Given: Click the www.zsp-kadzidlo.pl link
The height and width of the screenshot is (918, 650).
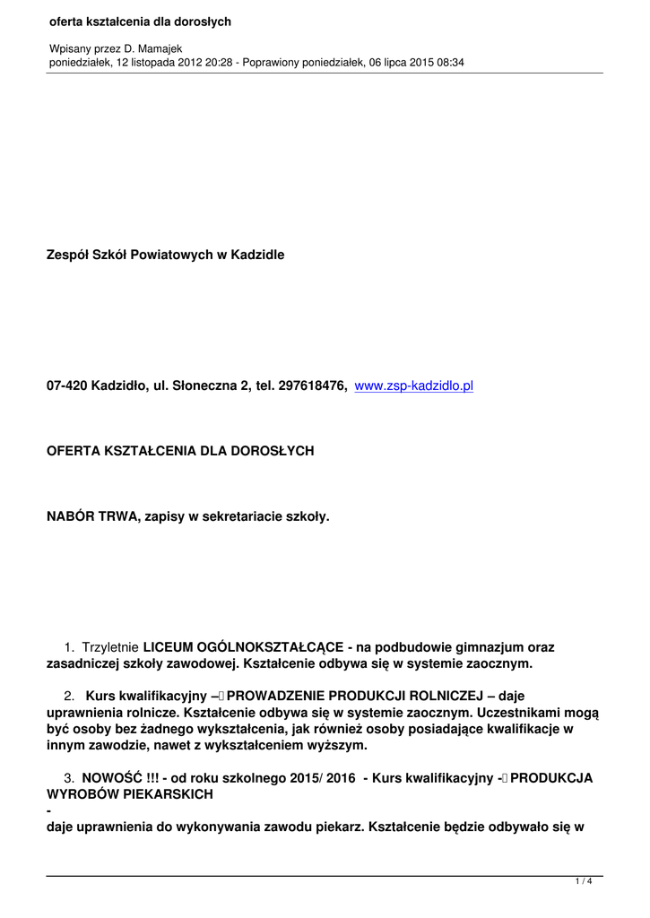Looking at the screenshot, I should pyautogui.click(x=413, y=385).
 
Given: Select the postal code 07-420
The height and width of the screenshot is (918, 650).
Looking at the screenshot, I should pyautogui.click(x=66, y=385).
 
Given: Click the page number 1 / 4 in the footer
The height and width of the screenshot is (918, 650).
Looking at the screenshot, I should pyautogui.click(x=583, y=882).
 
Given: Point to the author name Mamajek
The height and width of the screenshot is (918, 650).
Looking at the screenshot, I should pyautogui.click(x=159, y=48).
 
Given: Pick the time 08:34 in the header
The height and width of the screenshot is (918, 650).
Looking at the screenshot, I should pyautogui.click(x=449, y=62).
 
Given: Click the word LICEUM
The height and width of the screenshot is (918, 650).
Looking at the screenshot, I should pyautogui.click(x=169, y=647).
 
